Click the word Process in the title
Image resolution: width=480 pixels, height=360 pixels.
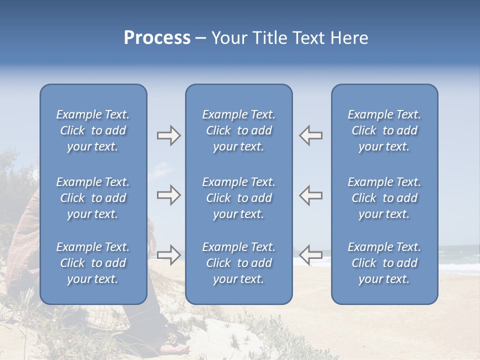pos(157,38)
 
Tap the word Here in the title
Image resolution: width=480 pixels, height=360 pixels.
pos(349,38)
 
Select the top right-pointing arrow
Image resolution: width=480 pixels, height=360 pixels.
pos(168,135)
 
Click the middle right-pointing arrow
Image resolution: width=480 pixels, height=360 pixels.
pos(168,195)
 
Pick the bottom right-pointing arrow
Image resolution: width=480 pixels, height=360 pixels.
pos(168,254)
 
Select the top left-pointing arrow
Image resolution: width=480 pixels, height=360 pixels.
pos(311,135)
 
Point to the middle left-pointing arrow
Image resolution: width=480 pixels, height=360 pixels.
pos(311,195)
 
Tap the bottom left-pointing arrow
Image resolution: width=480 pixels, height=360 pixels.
pos(311,254)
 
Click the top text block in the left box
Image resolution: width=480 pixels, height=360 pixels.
pos(93,130)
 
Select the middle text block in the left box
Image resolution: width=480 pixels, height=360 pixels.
pos(93,198)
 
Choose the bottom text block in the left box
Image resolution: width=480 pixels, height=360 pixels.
pos(93,263)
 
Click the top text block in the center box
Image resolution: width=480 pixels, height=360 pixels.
pos(238,130)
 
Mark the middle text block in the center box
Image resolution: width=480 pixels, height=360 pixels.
pos(238,198)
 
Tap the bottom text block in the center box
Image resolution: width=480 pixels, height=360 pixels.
pos(238,263)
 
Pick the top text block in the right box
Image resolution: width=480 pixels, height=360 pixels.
pos(384,130)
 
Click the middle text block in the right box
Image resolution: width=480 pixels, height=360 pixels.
pos(384,198)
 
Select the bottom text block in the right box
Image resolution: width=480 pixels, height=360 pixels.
pos(384,263)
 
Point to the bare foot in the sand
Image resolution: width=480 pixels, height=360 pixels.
pos(179,347)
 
